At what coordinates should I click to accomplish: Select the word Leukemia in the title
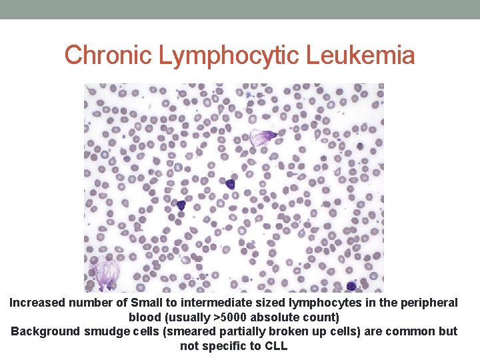(361, 55)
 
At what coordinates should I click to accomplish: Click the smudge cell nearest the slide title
(263, 138)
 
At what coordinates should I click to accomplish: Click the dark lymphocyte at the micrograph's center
(230, 183)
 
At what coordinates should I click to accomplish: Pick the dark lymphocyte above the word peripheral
(351, 287)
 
